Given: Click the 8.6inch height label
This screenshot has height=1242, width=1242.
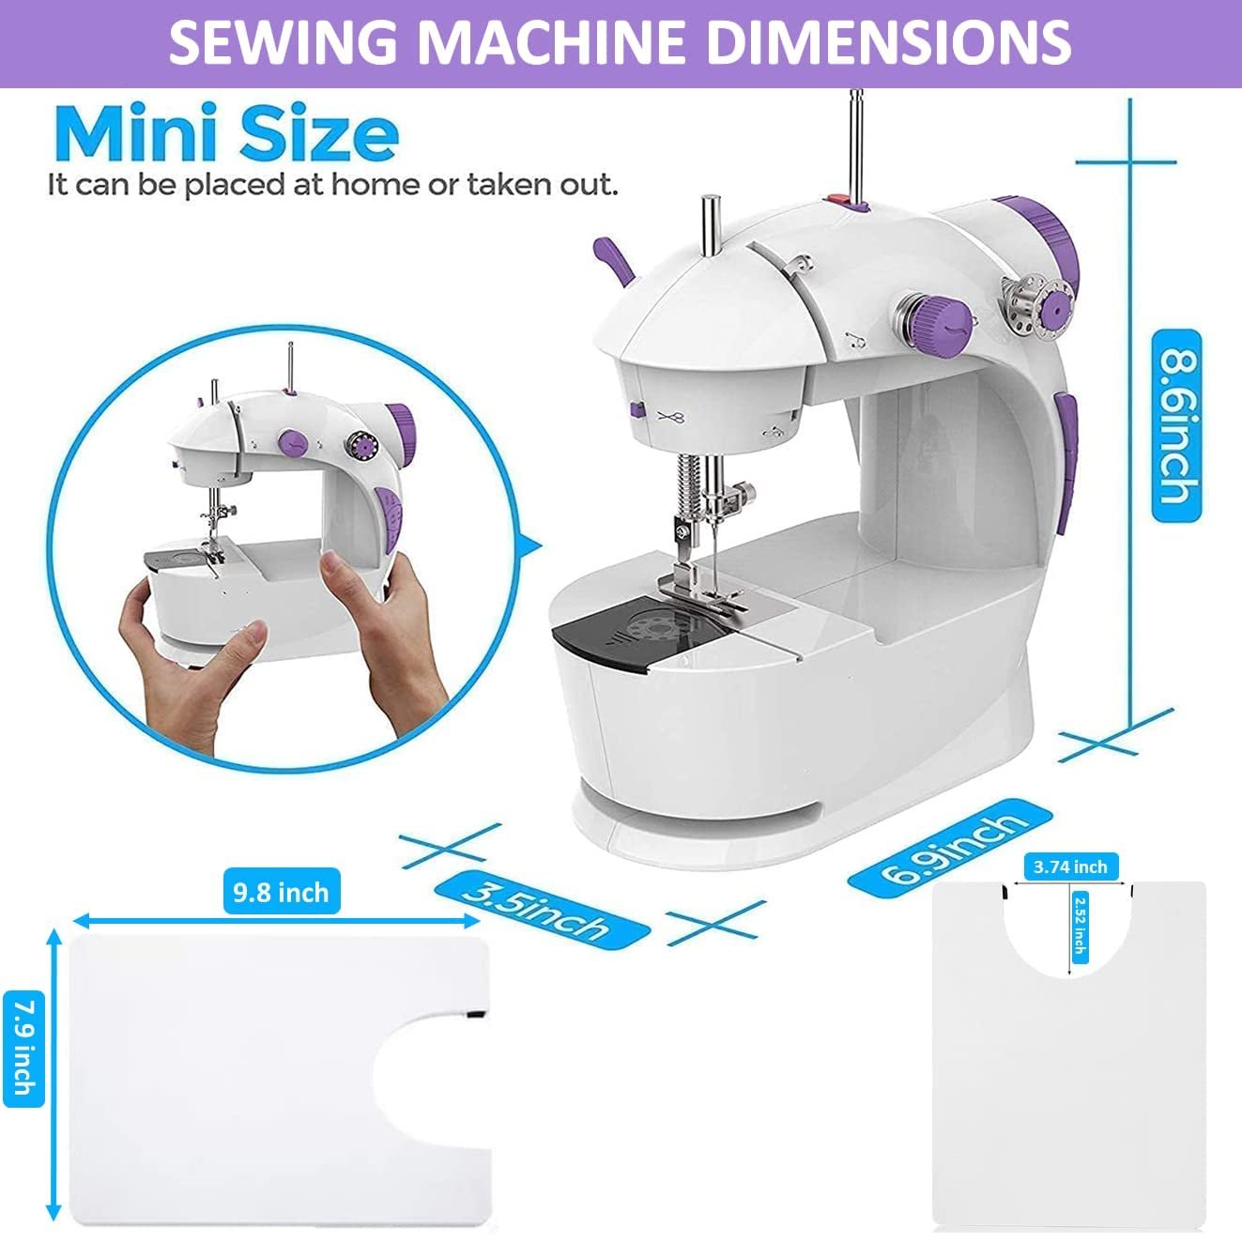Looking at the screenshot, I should pos(1176,425).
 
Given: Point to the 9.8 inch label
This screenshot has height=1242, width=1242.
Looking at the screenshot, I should pos(281,891).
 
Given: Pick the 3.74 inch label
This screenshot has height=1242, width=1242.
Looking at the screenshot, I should pos(1069,866).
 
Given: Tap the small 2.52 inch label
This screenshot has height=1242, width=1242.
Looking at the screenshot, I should pos(1079,923).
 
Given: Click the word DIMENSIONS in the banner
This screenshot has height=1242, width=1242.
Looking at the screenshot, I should pos(888,42).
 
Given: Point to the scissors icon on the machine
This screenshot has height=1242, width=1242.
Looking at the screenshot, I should pos(673,417).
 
